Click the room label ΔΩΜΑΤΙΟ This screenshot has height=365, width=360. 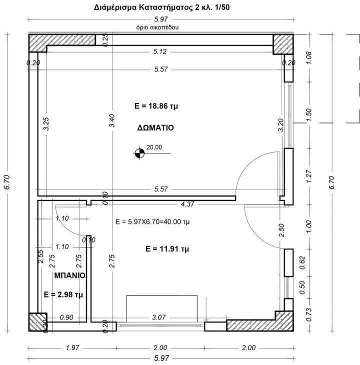click(155, 127)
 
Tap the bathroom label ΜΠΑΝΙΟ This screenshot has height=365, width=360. click(69, 275)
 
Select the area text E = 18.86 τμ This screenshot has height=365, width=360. click(155, 106)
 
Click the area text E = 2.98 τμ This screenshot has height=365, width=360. click(63, 294)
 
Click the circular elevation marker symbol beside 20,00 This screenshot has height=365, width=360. click(138, 153)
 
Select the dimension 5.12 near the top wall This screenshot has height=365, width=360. click(160, 51)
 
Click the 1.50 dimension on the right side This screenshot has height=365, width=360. click(308, 113)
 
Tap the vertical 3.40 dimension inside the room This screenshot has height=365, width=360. click(112, 122)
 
